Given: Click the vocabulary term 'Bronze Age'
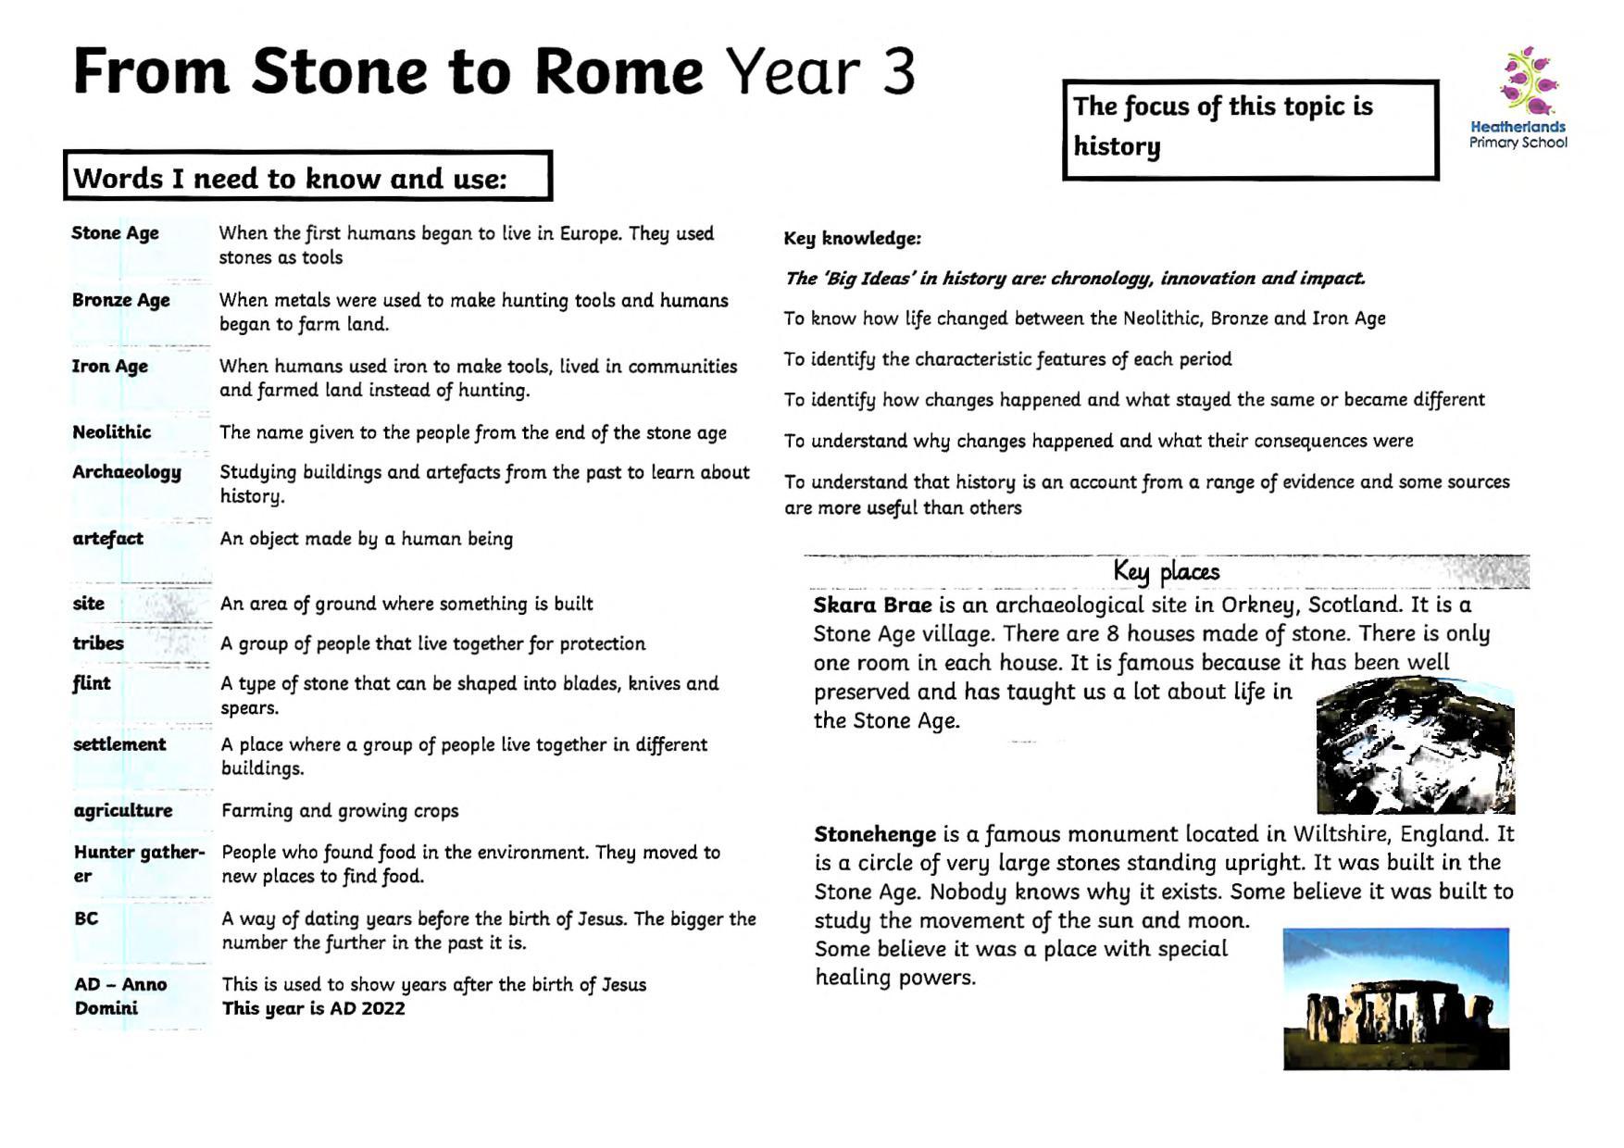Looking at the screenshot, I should click(120, 300).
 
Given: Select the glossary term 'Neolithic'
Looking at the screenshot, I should click(111, 432).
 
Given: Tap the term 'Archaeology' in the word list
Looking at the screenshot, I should click(127, 472).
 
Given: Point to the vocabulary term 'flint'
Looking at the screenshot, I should click(91, 683).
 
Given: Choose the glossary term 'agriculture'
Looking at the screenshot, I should click(122, 811).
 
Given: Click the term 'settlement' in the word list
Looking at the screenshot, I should click(119, 744).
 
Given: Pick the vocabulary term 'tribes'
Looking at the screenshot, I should click(97, 643).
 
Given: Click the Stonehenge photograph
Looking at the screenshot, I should click(1395, 998).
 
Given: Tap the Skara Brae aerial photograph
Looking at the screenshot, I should click(1415, 746).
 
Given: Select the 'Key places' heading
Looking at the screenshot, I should click(1166, 571).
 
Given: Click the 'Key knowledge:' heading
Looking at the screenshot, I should click(852, 239).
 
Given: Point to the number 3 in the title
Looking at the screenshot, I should click(897, 72).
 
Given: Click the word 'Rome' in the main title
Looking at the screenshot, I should click(618, 72).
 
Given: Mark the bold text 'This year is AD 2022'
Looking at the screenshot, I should click(313, 1009).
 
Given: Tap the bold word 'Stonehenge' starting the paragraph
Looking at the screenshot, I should click(875, 834).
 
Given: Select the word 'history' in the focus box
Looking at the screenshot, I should click(1116, 146).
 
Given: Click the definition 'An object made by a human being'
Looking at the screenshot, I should click(366, 539).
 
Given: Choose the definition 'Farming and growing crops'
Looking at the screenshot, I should click(340, 811).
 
